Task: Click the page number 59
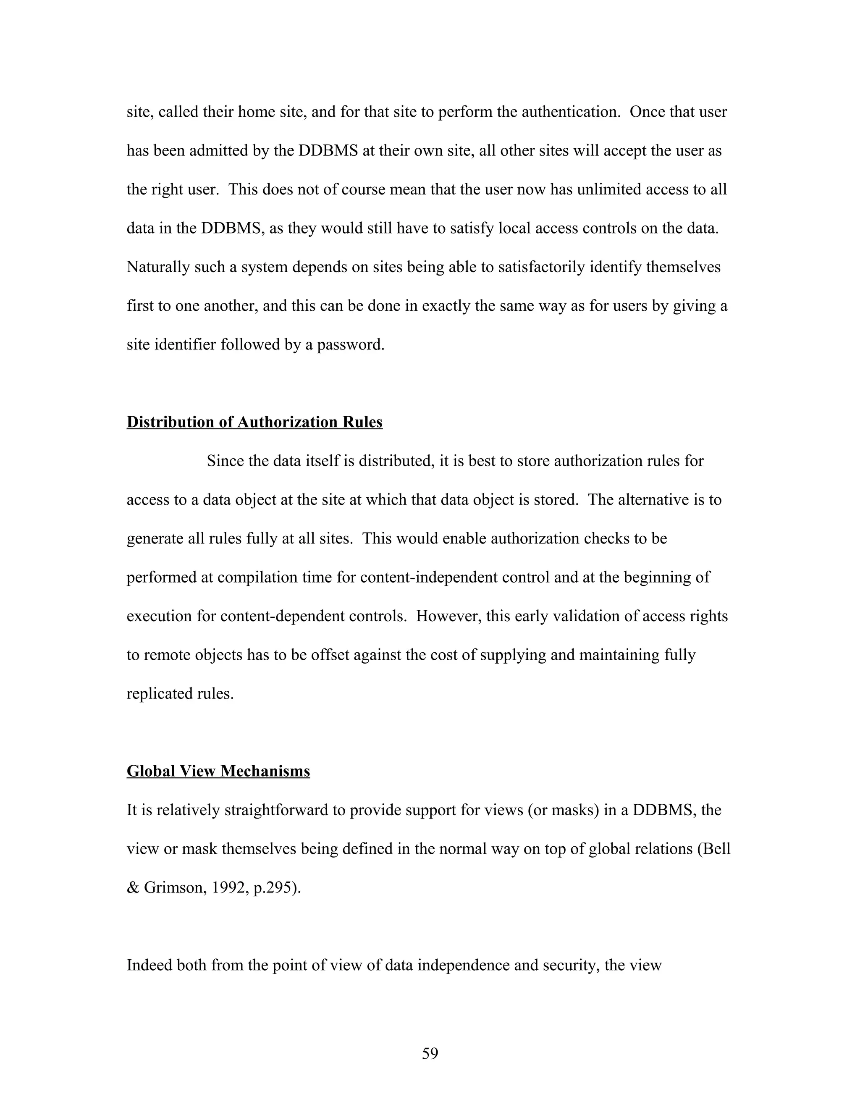[430, 1053]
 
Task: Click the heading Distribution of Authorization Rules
[254, 422]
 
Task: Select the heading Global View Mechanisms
[218, 771]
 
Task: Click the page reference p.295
[275, 888]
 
